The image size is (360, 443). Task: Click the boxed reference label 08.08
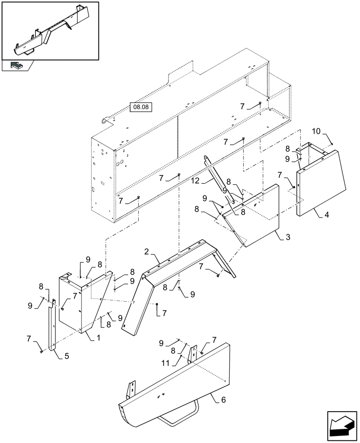pyautogui.click(x=139, y=107)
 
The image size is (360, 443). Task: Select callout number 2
pyautogui.click(x=146, y=252)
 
